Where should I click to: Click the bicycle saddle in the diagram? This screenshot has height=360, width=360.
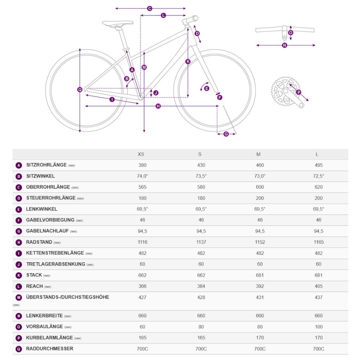(x=118, y=23)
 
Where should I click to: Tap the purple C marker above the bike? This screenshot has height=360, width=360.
(x=150, y=8)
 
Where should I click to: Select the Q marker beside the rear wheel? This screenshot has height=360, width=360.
(x=80, y=90)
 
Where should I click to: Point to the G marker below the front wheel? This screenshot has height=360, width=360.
(x=226, y=134)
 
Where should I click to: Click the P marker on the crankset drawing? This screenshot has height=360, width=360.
(x=299, y=92)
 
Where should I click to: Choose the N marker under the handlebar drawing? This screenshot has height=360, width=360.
(x=285, y=45)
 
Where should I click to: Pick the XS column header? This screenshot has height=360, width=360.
(x=141, y=154)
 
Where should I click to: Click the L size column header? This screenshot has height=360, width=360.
(x=317, y=154)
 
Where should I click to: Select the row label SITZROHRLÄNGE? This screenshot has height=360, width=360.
(x=46, y=165)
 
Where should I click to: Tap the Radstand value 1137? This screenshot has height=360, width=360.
(x=201, y=242)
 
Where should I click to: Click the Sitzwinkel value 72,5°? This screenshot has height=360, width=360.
(x=319, y=176)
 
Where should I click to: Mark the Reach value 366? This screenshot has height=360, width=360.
(x=142, y=286)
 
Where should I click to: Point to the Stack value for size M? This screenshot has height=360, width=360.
(x=260, y=275)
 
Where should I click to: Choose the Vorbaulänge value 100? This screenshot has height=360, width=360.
(x=319, y=327)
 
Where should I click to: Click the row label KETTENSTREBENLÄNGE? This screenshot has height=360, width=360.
(x=55, y=253)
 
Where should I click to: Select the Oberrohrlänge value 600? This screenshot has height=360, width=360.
(x=260, y=187)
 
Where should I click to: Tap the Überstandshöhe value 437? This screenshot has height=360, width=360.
(x=319, y=297)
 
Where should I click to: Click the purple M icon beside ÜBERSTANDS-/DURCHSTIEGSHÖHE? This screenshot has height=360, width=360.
(x=19, y=298)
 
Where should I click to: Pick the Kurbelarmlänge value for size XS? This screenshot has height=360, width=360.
(x=142, y=338)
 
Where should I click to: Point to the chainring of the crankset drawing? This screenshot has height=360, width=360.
(x=286, y=91)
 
